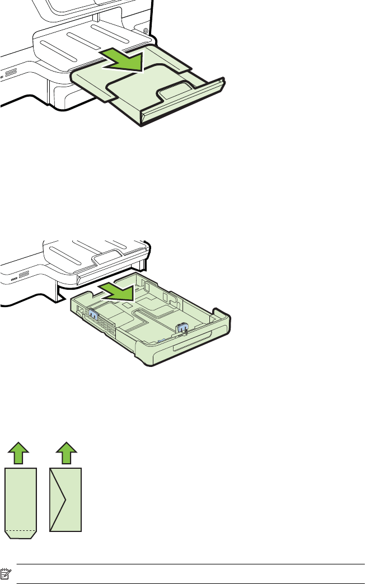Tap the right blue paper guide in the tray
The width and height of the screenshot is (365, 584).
(182, 328)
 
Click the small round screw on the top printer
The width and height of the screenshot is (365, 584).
(146, 30)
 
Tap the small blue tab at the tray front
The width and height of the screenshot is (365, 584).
(161, 340)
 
